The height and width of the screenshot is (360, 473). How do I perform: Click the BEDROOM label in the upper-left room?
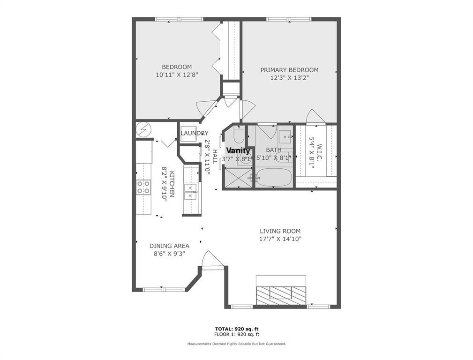[177, 67]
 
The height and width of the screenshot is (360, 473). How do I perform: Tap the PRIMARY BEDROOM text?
[289, 70]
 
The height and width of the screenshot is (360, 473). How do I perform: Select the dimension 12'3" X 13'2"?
[289, 78]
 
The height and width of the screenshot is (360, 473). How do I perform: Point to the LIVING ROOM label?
[280, 231]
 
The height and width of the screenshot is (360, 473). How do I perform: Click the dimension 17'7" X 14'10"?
[280, 239]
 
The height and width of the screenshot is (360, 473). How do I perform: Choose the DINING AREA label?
[169, 246]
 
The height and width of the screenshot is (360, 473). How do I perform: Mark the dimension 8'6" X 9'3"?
[169, 254]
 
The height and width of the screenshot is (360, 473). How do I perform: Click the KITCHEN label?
[172, 184]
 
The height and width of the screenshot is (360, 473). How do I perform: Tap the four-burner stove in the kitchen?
[143, 187]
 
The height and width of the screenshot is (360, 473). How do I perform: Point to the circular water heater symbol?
[143, 128]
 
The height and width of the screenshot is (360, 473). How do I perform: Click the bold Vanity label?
[238, 151]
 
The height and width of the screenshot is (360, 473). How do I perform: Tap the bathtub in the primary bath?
[273, 178]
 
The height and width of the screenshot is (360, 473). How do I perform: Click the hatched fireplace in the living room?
[280, 293]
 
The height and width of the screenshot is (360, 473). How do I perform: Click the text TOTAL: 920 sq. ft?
[237, 329]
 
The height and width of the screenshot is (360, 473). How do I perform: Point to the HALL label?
[215, 157]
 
